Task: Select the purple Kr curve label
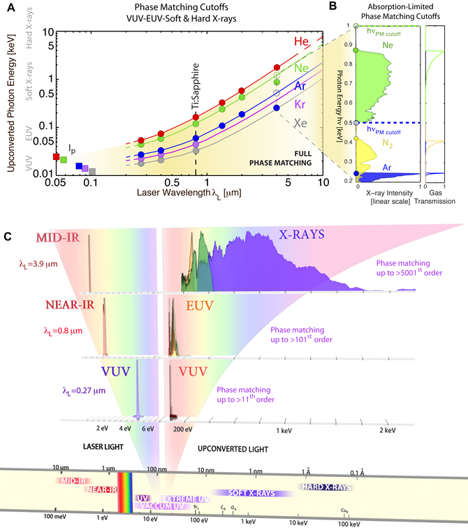tap(300, 104)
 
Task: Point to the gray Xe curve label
tap(300, 122)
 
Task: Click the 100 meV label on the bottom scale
tap(54, 520)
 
